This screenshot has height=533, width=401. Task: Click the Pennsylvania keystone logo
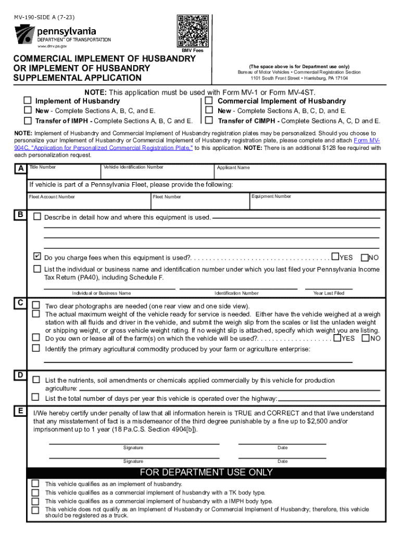click(23, 34)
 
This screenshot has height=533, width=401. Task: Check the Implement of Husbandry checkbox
click(27, 100)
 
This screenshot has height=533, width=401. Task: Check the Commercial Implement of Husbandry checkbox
click(209, 100)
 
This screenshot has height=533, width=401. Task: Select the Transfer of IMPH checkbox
click(27, 121)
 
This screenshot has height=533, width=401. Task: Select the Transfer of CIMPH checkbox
click(209, 121)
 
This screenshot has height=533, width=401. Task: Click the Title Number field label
click(42, 167)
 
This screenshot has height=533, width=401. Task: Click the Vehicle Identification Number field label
click(133, 167)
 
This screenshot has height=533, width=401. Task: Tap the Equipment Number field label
click(271, 196)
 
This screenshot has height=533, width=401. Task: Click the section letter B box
click(20, 214)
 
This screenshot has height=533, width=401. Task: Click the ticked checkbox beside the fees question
click(37, 257)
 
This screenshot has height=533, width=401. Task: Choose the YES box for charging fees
click(336, 257)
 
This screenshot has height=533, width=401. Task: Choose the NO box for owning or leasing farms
click(366, 338)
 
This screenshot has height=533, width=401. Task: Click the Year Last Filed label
click(329, 293)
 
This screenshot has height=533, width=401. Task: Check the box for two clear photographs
click(36, 305)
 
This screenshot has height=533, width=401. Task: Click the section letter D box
click(20, 375)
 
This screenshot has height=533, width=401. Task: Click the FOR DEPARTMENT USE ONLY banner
click(206, 473)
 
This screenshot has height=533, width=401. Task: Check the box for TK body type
click(35, 492)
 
